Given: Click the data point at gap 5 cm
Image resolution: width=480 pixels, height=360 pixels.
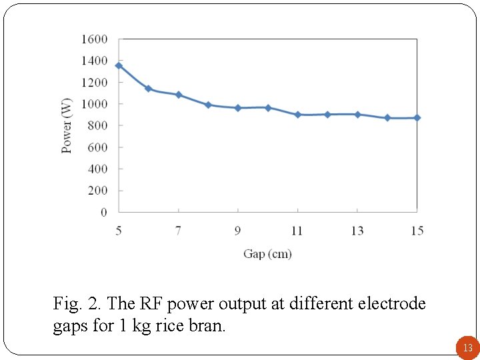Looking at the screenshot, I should pos(119,65).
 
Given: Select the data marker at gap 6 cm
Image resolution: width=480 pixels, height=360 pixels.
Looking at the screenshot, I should pos(148,89).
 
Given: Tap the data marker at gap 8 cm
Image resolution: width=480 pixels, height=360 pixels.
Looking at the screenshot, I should pos(208,105).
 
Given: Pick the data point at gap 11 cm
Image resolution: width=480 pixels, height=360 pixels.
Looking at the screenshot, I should pos(297,115).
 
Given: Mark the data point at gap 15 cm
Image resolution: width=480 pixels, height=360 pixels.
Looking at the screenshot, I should pos(417,117).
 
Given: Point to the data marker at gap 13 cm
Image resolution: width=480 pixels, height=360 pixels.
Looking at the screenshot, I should pos(357,115).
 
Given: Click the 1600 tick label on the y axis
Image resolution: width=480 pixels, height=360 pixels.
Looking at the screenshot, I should pos(94,39).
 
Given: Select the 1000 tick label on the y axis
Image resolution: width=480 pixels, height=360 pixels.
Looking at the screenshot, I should pos(94,104).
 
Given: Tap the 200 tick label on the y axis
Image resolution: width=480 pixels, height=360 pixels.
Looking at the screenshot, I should pos(97,191).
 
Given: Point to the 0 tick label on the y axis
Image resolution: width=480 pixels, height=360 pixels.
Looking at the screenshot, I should pos(103,212).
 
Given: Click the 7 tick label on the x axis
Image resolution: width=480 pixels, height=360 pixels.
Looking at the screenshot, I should pos(178,231).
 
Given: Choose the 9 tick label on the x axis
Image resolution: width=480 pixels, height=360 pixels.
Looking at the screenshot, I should pos(238,231).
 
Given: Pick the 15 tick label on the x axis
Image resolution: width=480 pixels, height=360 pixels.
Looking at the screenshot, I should pos(417,231).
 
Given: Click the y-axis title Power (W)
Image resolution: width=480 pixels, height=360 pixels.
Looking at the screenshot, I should pos(67,126).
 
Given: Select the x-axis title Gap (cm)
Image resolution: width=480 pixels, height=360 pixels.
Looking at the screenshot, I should pos(267,254).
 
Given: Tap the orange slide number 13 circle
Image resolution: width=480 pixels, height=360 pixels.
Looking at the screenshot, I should pos(467,347).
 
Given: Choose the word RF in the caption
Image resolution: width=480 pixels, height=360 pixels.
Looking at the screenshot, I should pos(152,304).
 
